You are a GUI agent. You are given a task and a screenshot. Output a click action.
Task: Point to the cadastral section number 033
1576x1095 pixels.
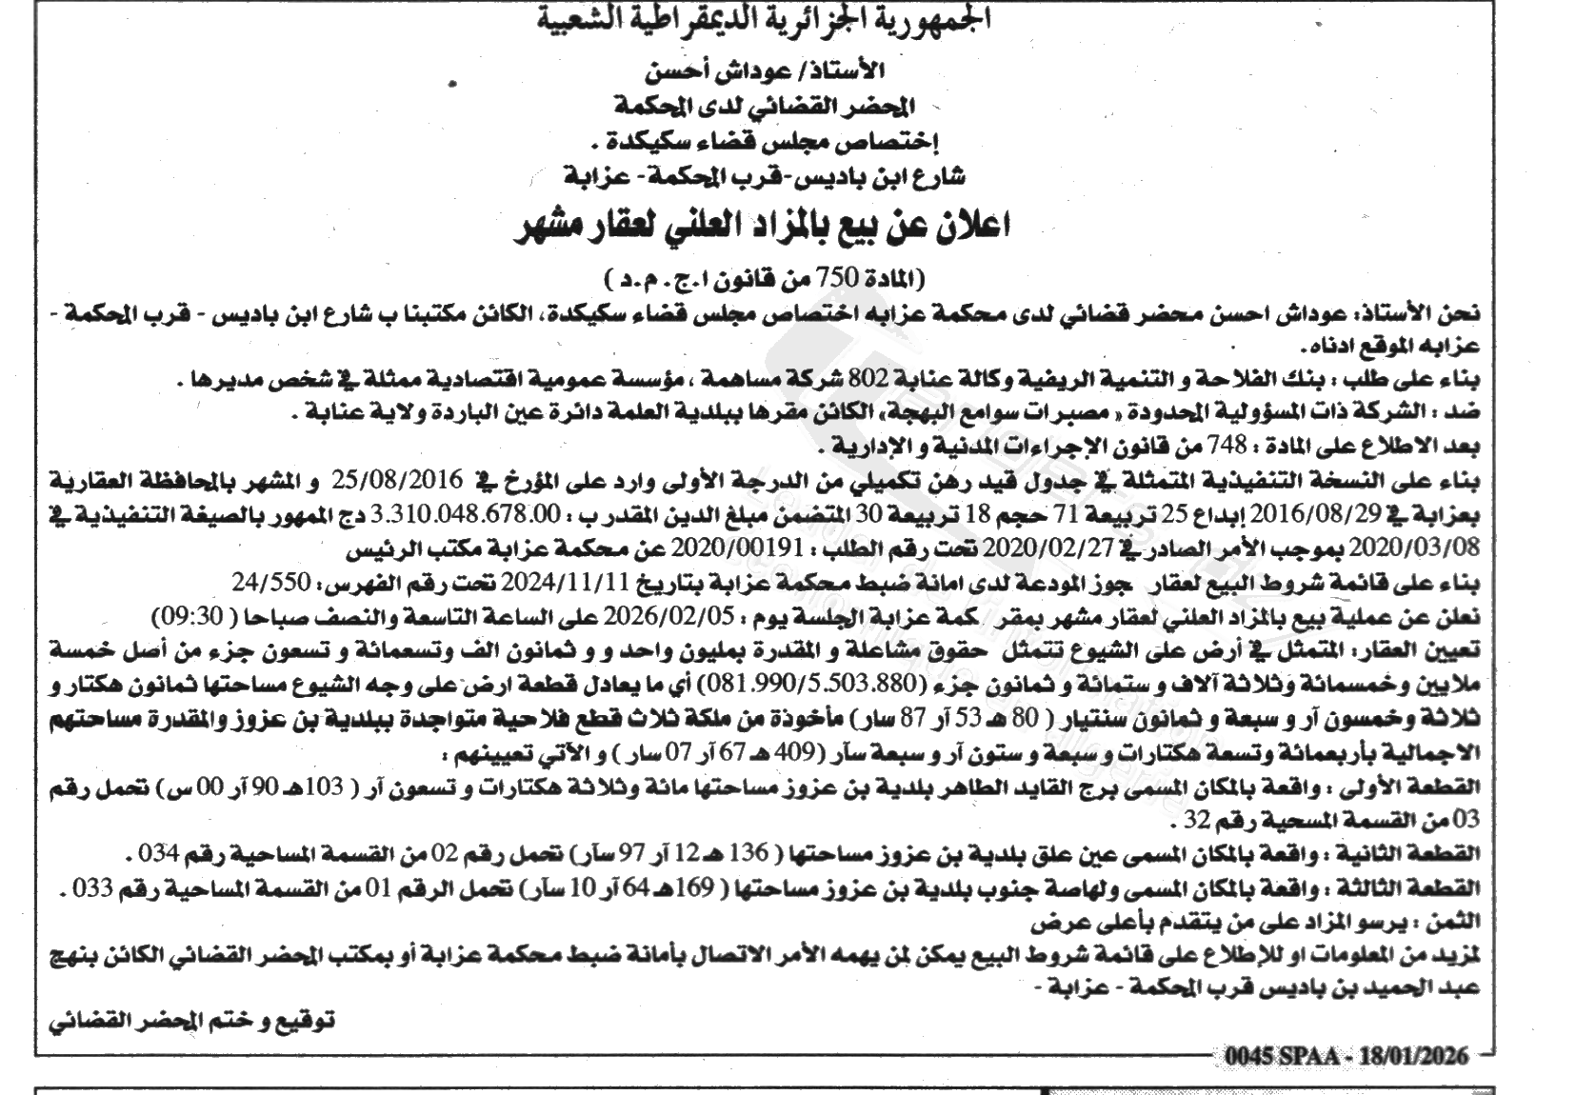[94, 888]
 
